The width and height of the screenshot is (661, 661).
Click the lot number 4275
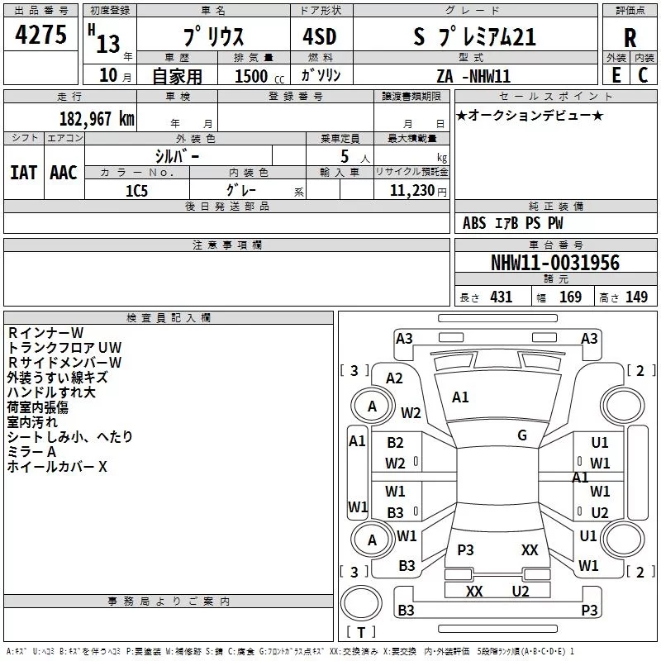[x=40, y=34]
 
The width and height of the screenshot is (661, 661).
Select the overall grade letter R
[x=630, y=38]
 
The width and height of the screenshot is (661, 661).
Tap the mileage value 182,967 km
[x=97, y=118]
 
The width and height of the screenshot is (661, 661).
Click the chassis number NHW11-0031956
[x=555, y=263]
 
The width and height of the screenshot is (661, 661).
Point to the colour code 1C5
[x=136, y=191]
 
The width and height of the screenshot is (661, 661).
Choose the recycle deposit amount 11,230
[x=411, y=190]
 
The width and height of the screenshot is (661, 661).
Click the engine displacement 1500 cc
[x=259, y=76]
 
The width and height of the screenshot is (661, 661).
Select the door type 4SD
[x=320, y=36]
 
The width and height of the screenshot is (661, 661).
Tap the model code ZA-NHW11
[x=473, y=76]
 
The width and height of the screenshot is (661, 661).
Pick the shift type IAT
[x=24, y=173]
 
